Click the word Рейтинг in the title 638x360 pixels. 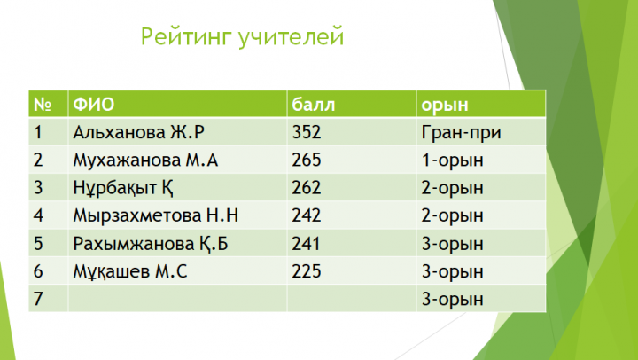pos(186,37)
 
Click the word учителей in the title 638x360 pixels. pos(291,37)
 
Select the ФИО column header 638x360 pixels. pos(94,105)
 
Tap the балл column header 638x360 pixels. pos(314,105)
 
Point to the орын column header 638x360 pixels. pos(445,106)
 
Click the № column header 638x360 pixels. pos(43,105)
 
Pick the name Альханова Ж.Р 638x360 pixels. pos(139,132)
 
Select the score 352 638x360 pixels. pos(307,132)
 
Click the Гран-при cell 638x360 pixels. pos(461,133)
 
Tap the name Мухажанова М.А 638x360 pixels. pos(145,160)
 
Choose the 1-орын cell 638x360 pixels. pos(453,160)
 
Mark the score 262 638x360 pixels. pos(307,188)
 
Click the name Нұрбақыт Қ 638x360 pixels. pos(123,188)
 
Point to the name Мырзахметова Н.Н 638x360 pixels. pos(155,215)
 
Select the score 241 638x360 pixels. pos(306,244)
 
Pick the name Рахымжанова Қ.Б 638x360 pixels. pos(151,244)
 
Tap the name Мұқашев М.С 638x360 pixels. pos(130,271)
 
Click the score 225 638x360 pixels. pos(307,271)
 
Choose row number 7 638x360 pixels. pos(38,299)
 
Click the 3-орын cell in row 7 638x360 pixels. pos(453,300)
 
